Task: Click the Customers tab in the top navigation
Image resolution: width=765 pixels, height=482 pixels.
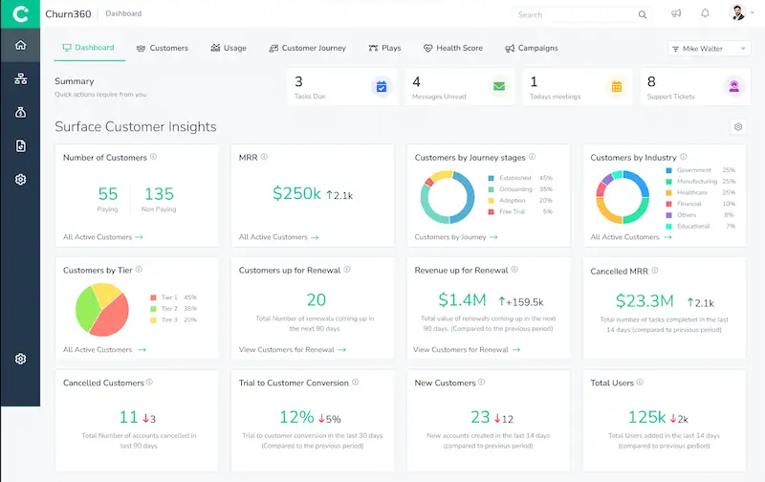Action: click(x=163, y=48)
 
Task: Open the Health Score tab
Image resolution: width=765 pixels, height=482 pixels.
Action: click(x=453, y=48)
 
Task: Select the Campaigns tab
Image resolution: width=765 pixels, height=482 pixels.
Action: click(x=532, y=48)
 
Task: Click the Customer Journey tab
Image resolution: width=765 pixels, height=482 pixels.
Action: click(x=307, y=48)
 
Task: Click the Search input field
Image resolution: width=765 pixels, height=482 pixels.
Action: click(x=574, y=14)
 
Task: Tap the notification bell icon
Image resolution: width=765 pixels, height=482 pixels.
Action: click(x=705, y=13)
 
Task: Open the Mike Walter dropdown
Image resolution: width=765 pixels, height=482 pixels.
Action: click(x=709, y=48)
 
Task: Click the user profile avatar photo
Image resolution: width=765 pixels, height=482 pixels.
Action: click(x=736, y=13)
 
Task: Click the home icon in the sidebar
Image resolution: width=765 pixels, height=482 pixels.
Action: click(x=20, y=45)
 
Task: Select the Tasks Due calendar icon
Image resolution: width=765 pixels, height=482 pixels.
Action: click(x=382, y=87)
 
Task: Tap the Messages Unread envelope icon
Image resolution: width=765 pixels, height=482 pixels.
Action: click(x=498, y=87)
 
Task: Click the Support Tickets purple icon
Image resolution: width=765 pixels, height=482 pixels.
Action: click(x=734, y=87)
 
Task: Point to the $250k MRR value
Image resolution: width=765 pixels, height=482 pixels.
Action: click(x=296, y=193)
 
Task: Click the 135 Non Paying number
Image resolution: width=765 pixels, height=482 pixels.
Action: click(x=159, y=193)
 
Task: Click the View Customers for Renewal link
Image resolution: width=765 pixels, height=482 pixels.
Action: click(x=287, y=350)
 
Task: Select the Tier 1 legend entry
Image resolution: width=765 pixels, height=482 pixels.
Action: click(x=168, y=296)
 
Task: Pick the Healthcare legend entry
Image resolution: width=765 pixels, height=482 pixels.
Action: click(x=690, y=192)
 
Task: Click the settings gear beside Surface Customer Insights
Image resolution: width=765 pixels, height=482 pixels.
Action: click(x=737, y=127)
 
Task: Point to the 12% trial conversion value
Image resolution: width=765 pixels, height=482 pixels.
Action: click(x=296, y=416)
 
